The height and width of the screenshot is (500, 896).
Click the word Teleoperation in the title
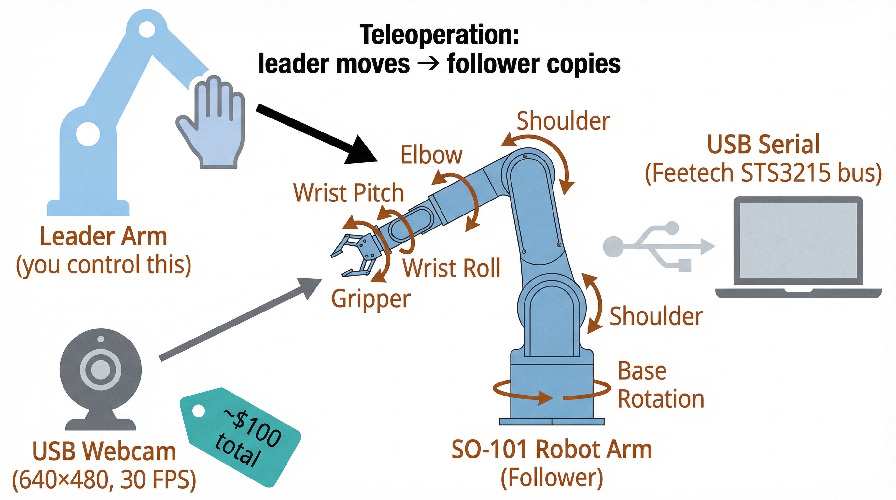pos(439,35)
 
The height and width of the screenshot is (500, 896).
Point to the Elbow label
pos(432,155)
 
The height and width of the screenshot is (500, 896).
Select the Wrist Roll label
pos(452,268)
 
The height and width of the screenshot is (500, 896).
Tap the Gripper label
pos(371,299)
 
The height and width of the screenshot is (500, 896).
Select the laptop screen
pos(798,240)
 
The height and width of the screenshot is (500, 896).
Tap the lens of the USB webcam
pos(101,369)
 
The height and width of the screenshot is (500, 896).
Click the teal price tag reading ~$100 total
pos(240,437)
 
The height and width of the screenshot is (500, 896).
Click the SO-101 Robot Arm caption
pos(552,450)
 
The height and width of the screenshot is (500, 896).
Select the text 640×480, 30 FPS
pos(104,480)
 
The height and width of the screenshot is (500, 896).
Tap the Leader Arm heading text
pos(104,237)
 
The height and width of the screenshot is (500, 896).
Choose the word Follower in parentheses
pos(552,478)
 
